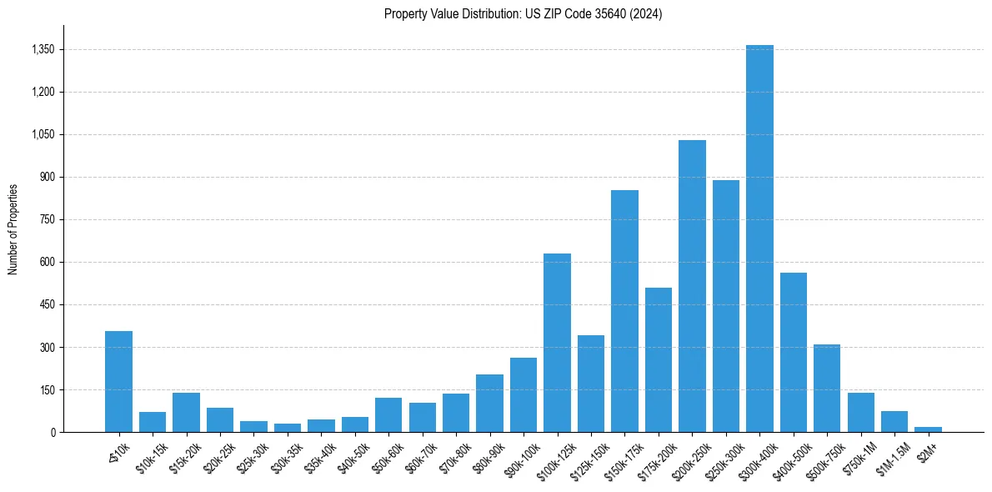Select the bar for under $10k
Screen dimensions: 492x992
click(118, 382)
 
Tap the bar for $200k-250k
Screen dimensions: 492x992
click(692, 286)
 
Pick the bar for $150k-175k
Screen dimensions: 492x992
click(624, 311)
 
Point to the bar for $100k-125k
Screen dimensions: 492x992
click(557, 343)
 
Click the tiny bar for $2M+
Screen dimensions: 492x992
click(928, 429)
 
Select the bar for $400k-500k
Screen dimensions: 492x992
click(793, 352)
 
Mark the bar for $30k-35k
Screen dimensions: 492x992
click(288, 428)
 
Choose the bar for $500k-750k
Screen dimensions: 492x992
click(827, 388)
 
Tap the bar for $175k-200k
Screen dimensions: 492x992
click(659, 359)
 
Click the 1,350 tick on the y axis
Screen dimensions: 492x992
click(43, 49)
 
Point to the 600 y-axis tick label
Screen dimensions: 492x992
click(47, 262)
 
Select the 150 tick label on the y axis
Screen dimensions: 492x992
click(47, 389)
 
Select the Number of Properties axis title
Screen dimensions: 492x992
click(13, 228)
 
